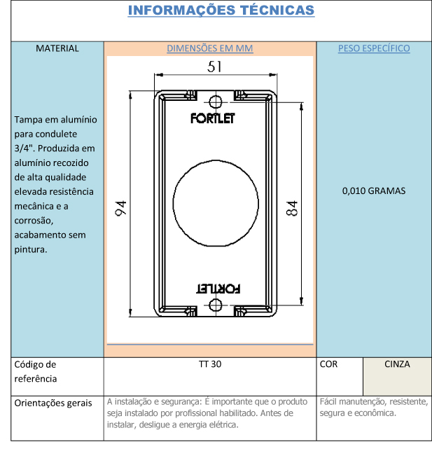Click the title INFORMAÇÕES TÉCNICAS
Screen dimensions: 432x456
tap(221, 11)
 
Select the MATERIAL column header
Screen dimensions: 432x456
tap(57, 48)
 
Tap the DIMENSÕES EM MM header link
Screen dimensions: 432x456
tap(210, 48)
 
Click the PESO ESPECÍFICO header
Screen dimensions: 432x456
tap(374, 48)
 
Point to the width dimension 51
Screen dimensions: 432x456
tap(214, 67)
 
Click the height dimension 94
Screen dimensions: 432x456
tap(121, 208)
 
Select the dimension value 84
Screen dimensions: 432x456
tap(292, 208)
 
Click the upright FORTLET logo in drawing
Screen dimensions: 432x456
tap(213, 118)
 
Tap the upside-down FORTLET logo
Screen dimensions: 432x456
tap(218, 289)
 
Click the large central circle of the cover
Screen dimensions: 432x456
tap(173, 203)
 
